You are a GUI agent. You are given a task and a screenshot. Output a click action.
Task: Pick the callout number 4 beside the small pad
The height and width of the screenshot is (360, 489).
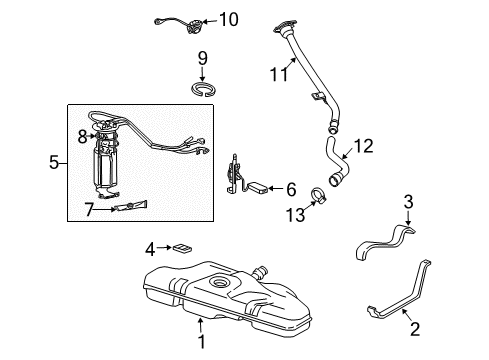(149, 248)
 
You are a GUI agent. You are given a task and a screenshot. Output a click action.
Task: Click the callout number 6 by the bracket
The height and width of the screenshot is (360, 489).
(291, 187)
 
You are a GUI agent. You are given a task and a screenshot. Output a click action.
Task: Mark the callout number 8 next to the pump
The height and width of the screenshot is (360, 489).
(82, 135)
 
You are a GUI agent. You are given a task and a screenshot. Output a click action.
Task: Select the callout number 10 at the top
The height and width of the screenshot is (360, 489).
(229, 18)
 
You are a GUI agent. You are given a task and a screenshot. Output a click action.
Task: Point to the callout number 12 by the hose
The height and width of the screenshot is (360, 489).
(363, 146)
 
